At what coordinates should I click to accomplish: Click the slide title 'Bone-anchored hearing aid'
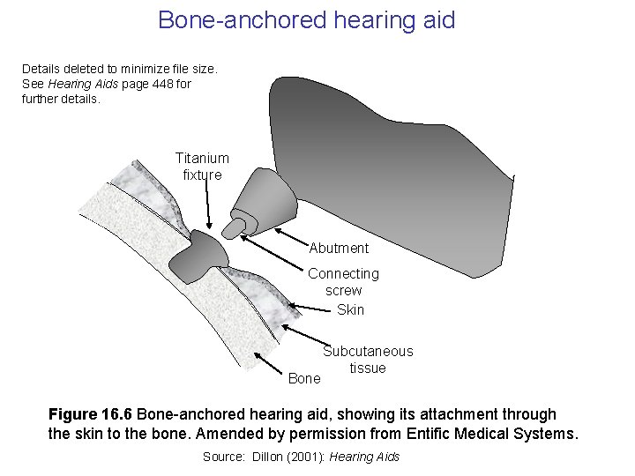pyautogui.click(x=306, y=19)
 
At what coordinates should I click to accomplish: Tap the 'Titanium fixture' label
pyautogui.click(x=202, y=166)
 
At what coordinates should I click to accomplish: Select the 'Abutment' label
pyautogui.click(x=339, y=248)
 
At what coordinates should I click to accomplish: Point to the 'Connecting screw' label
pyautogui.click(x=343, y=282)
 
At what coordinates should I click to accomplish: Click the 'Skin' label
pyautogui.click(x=350, y=309)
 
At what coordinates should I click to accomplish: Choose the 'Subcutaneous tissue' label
pyautogui.click(x=368, y=360)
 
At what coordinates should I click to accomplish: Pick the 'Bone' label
pyautogui.click(x=304, y=378)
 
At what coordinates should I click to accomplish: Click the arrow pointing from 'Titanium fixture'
pyautogui.click(x=209, y=207)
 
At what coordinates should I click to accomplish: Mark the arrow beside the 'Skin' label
pyautogui.click(x=309, y=307)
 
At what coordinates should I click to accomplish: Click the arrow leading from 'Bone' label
pyautogui.click(x=269, y=366)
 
